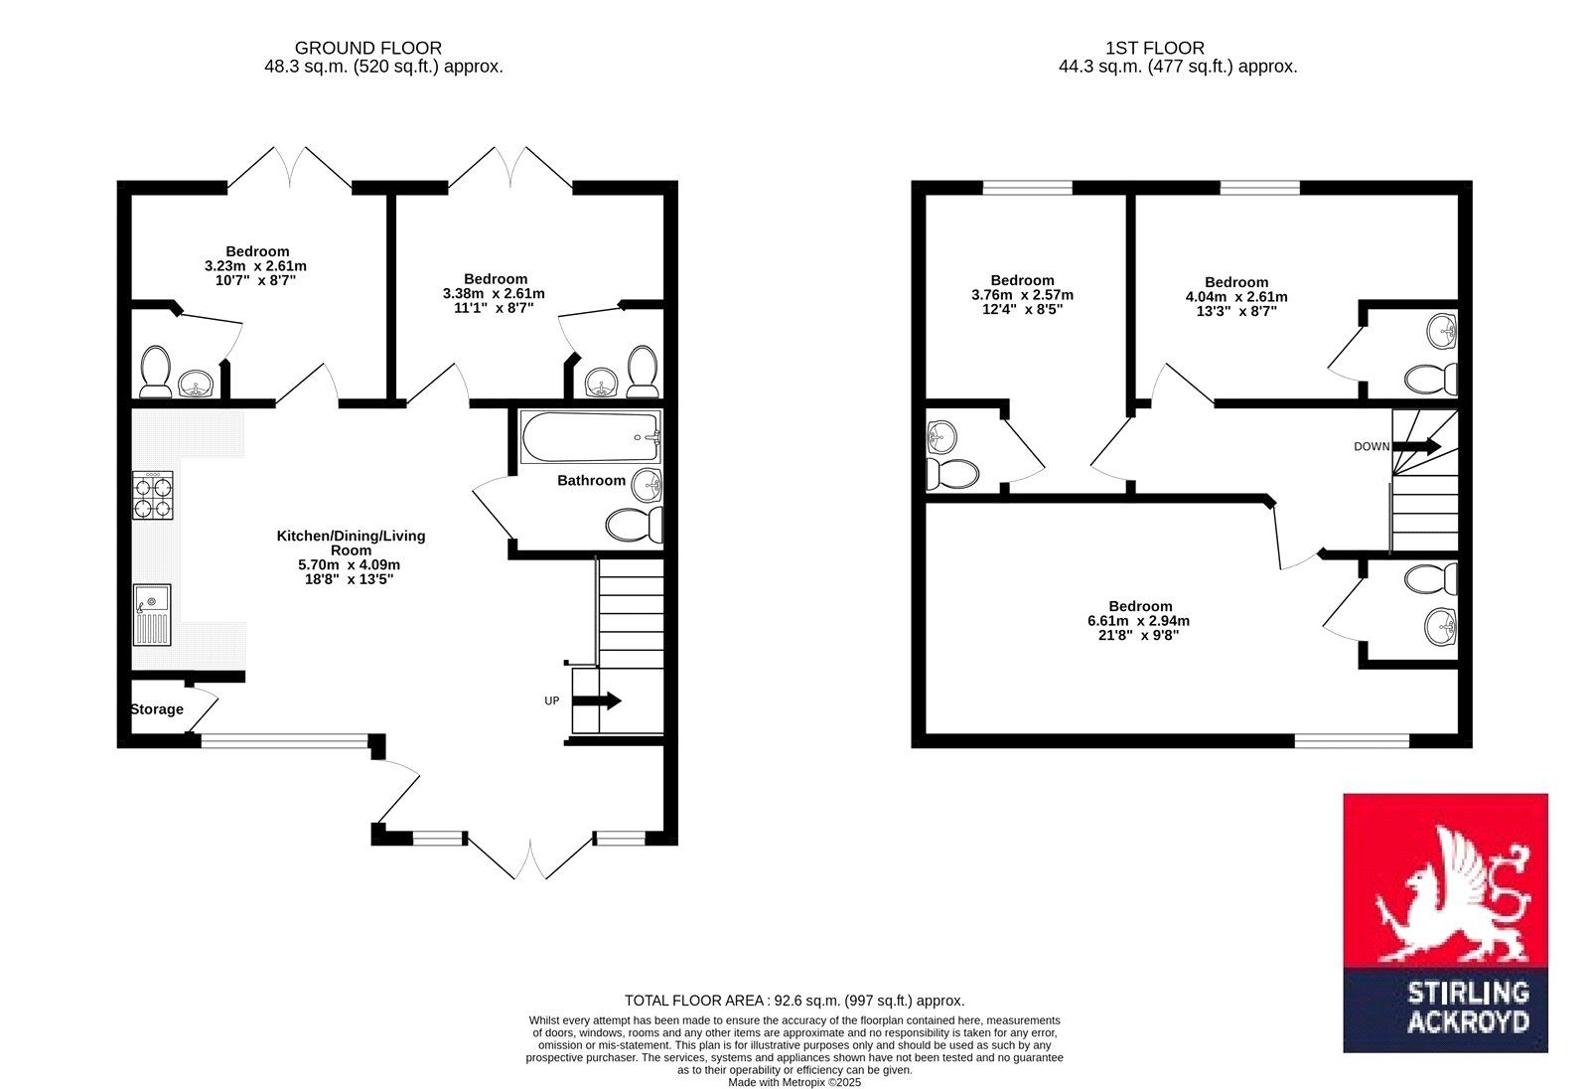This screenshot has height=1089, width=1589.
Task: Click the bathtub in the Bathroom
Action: pos(591,436)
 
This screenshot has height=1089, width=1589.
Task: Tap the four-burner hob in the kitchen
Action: pos(153,495)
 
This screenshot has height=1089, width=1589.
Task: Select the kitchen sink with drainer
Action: pos(152,615)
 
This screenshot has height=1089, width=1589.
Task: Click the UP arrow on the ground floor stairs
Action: pos(597,701)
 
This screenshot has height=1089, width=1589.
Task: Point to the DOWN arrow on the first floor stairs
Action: pos(1416,446)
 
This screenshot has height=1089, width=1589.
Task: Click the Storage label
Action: pos(157,709)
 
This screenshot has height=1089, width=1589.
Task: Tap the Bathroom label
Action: pos(591,481)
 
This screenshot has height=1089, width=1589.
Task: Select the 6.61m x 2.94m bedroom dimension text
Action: pos(1138,620)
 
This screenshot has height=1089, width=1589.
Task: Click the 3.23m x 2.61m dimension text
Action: pos(255,266)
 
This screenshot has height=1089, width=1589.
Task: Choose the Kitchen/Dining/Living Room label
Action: pos(352,544)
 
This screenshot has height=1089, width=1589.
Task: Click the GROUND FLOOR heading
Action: pos(368,49)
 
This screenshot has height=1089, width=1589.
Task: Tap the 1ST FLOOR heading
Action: pos(1155,49)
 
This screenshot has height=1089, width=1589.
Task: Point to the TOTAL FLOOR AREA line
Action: pos(794,1001)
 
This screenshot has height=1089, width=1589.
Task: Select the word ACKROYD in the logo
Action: pos(1468,1023)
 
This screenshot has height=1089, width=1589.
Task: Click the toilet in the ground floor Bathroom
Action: pos(635,525)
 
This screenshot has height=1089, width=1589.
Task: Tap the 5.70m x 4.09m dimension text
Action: pos(349,565)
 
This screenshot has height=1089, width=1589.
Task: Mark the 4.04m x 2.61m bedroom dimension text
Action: pos(1236,297)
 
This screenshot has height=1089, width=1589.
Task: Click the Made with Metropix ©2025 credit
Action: pos(794,1083)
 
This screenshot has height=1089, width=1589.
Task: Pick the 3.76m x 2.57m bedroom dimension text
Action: pos(1022,295)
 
